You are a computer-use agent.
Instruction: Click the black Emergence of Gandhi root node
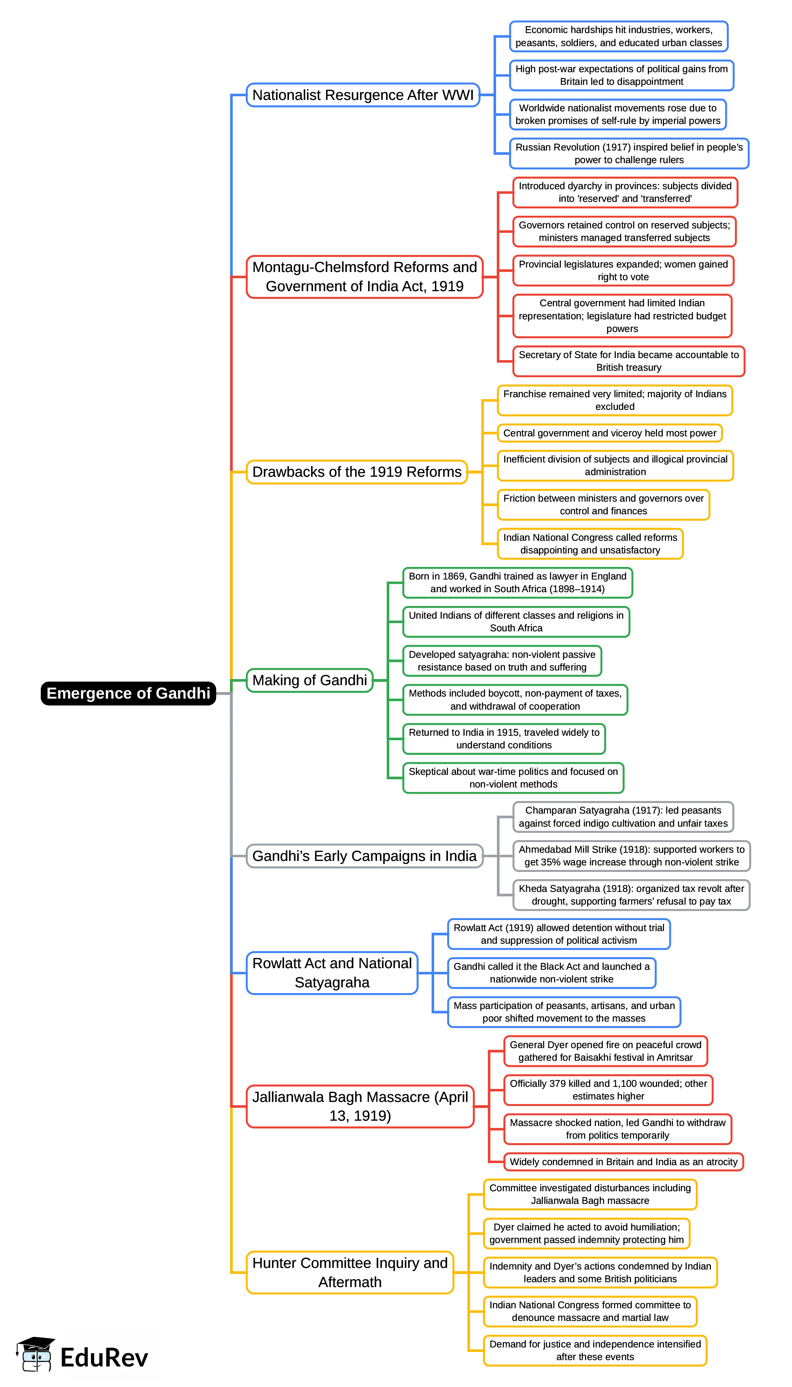128,693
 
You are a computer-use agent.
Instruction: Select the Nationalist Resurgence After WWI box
363,95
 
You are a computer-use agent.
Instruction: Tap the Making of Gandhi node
309,680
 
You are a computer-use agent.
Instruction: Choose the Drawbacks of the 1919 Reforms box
357,472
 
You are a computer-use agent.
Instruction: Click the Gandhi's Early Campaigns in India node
364,856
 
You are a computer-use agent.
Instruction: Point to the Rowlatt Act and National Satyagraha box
332,973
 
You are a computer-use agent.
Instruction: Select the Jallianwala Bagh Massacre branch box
360,1106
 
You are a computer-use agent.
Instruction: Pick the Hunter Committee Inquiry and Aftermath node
350,1272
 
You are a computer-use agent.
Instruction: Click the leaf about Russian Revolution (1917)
629,153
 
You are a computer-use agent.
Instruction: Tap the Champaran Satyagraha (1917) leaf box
623,817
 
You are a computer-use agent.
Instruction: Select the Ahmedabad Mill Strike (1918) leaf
631,856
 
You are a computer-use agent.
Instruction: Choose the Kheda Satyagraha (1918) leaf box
631,895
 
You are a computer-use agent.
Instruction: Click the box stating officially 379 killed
608,1090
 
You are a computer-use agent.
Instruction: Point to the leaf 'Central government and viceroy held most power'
610,433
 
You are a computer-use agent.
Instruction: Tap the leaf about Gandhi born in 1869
517,582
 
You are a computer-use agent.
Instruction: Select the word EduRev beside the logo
104,1358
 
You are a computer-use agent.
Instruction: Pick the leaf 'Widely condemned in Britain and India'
623,1162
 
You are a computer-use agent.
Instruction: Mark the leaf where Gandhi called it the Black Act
552,973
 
